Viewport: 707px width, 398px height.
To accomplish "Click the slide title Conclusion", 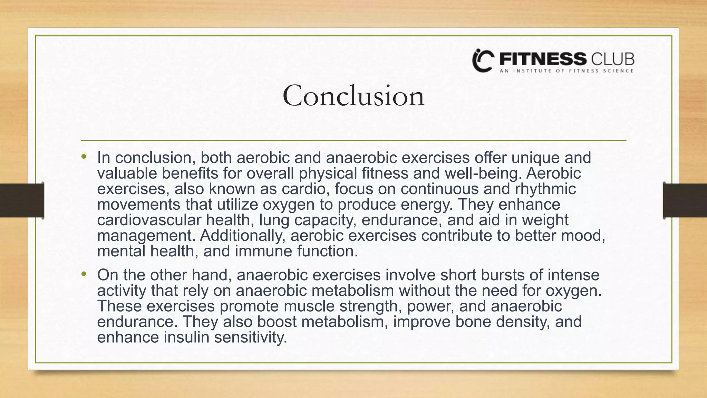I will pos(353,96).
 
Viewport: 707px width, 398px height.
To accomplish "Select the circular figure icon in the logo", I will pos(483,61).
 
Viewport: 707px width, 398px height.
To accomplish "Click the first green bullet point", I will pos(84,157).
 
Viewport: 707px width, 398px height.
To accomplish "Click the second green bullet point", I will pos(84,275).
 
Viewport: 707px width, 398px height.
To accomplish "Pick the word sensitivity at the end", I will pos(251,338).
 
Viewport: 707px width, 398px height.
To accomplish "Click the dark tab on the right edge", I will pos(685,200).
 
